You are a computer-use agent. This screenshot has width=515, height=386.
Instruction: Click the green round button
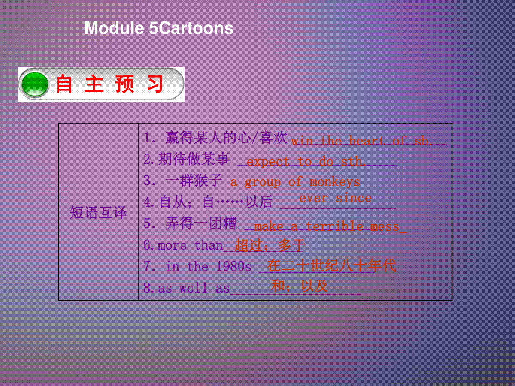point(35,84)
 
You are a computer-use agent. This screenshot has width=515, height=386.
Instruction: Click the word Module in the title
point(114,28)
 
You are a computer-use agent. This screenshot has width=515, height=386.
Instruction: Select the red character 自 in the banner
point(64,84)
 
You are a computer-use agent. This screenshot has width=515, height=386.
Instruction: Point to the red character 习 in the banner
point(155,84)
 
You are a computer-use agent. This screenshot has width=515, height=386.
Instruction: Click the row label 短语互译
point(98,212)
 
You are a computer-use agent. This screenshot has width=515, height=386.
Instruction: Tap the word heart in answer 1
point(366,141)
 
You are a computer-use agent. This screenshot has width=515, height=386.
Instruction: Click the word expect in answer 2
point(268,162)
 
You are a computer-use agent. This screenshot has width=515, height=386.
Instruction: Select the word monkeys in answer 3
point(335,182)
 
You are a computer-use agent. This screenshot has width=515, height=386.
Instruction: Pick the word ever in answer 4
point(313,199)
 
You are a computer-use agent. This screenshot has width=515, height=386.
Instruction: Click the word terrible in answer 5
point(335,226)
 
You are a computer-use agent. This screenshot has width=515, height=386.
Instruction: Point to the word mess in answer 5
point(385,226)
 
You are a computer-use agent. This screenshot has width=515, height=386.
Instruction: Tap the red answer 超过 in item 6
point(248,245)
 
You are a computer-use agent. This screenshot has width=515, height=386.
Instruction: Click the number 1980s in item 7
point(233,266)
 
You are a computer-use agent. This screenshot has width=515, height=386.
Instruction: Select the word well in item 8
point(193,287)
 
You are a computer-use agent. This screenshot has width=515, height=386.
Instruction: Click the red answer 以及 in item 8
point(315,286)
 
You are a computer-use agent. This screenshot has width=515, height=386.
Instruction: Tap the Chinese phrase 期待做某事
point(194,159)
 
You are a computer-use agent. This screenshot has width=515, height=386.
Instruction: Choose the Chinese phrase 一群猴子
point(194,180)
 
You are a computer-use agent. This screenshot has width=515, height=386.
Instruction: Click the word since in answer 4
point(354,198)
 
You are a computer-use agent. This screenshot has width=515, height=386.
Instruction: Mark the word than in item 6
point(209,245)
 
